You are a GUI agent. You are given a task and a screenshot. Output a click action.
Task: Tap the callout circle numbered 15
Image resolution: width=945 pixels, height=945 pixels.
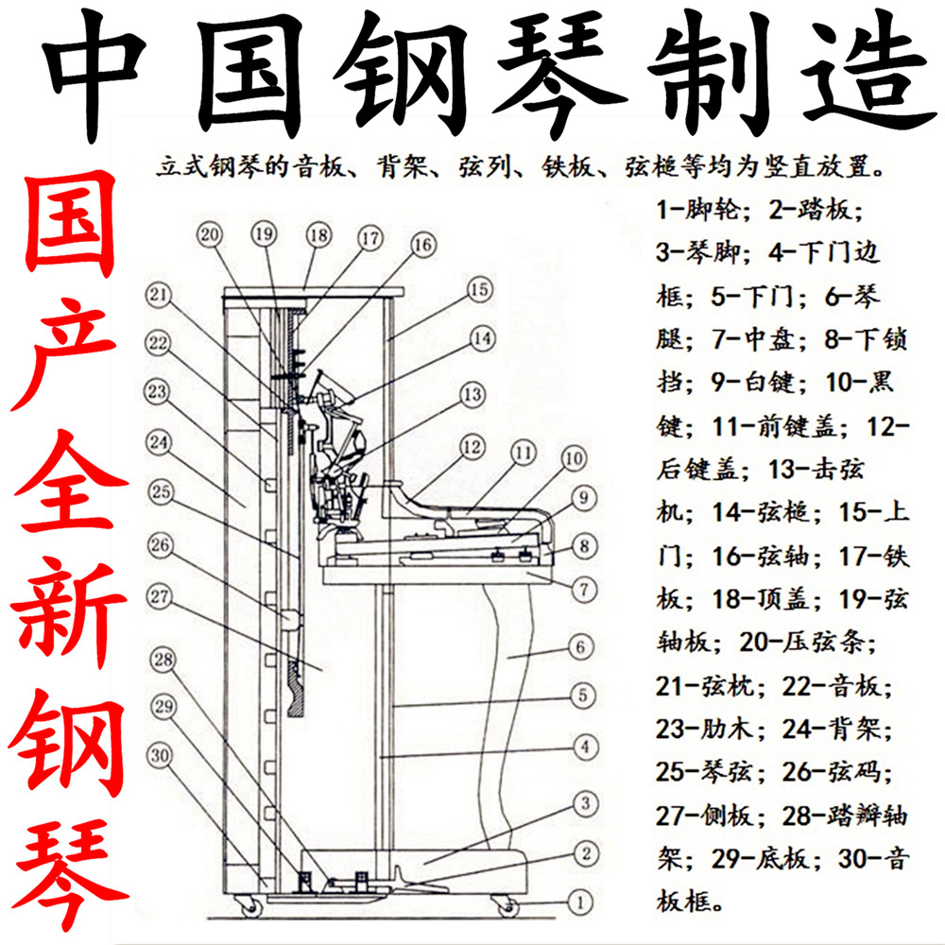[x=479, y=288]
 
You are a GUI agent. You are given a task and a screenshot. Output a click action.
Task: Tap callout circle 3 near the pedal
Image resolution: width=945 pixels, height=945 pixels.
[x=585, y=804]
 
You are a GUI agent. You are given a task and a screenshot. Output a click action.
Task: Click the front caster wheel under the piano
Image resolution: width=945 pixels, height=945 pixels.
[x=508, y=906]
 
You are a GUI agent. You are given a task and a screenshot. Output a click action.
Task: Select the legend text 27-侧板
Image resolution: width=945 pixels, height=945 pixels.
[x=705, y=816]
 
